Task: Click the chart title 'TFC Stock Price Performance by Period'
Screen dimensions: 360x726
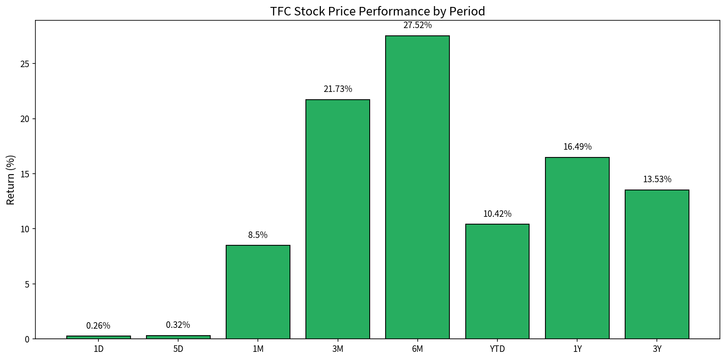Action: point(377,11)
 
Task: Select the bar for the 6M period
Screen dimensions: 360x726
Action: point(417,187)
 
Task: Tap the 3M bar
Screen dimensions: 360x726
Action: point(338,219)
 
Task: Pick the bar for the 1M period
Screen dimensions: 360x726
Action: point(258,292)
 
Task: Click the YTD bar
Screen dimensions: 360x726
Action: point(497,281)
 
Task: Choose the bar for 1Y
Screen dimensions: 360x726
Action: point(577,248)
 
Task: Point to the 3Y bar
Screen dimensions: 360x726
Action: point(657,264)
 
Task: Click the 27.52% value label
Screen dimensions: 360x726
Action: point(417,25)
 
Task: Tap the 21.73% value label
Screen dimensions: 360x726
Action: point(338,89)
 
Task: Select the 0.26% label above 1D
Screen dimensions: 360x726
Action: point(98,326)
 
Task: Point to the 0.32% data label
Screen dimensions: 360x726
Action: point(178,325)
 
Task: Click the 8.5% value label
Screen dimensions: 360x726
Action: point(258,235)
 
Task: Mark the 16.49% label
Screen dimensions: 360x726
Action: point(577,147)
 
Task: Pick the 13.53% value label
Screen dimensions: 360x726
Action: point(657,179)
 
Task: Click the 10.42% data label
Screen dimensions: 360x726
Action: point(497,214)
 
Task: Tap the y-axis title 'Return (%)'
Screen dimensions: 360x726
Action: point(11,180)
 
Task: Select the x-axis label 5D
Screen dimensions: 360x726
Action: point(178,349)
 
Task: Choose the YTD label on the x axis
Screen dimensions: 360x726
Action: point(497,349)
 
